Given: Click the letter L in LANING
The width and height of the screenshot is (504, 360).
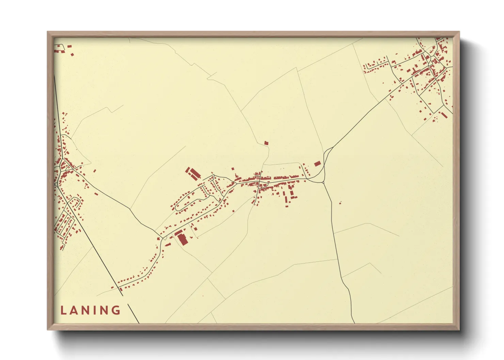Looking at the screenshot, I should (x=63, y=310).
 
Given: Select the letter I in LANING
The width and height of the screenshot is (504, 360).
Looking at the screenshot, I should (x=96, y=310).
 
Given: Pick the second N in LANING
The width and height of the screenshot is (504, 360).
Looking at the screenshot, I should (x=106, y=310).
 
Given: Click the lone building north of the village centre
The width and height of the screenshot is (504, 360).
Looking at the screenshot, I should (x=266, y=143).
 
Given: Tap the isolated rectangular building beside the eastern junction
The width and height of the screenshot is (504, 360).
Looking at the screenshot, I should (x=317, y=164).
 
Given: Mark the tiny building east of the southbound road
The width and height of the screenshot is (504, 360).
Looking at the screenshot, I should (x=340, y=203).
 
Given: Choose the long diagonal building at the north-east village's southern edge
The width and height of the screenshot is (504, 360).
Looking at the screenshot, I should (x=444, y=115).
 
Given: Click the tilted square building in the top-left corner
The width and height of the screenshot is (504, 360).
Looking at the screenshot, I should (x=72, y=54).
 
